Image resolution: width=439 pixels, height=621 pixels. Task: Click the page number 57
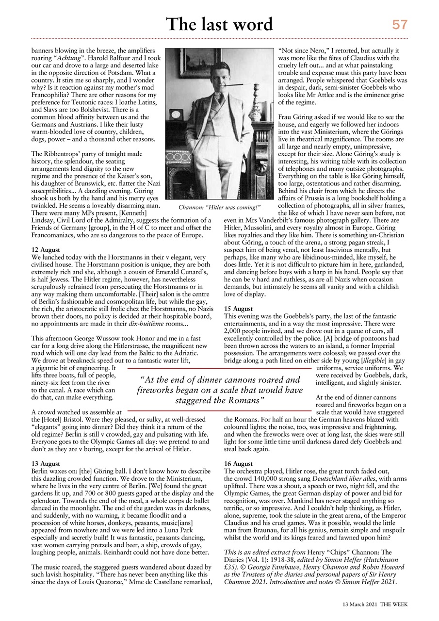(x=400, y=24)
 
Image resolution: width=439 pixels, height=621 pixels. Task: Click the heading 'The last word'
(x=219, y=24)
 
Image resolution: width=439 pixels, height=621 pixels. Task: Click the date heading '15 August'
(x=239, y=308)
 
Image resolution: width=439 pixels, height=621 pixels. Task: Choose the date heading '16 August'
(x=239, y=464)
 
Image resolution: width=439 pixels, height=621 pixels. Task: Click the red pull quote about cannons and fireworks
(x=220, y=391)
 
